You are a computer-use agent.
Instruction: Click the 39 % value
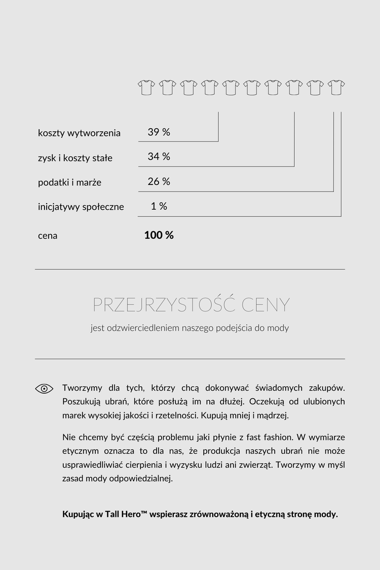[x=159, y=132]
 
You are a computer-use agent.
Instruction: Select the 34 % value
[x=159, y=157]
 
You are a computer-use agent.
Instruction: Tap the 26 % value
[x=159, y=181]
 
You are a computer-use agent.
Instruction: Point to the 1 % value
[x=159, y=206]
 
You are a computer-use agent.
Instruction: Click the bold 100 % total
[x=159, y=235]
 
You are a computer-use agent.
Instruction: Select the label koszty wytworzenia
[x=79, y=133]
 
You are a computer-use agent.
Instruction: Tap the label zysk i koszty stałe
[x=75, y=158]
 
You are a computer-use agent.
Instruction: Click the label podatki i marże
[x=69, y=182]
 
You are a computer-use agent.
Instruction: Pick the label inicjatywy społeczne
[x=81, y=207]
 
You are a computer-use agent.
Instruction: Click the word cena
[x=48, y=236]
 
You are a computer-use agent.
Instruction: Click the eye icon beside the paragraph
[x=44, y=389]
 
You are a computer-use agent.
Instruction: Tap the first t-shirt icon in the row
[x=146, y=87]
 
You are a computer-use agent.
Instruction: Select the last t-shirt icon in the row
[x=336, y=87]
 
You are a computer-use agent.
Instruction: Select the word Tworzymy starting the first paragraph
[x=82, y=388]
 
